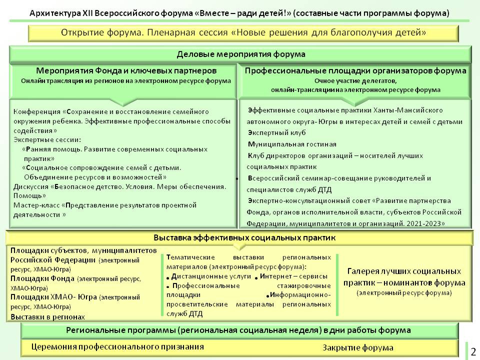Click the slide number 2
click(x=473, y=351)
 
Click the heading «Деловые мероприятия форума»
click(x=240, y=54)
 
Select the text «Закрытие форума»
click(x=357, y=347)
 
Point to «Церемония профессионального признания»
click(x=117, y=346)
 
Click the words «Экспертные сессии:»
click(x=47, y=139)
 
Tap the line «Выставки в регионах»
click(x=47, y=316)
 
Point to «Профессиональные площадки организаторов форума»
click(x=355, y=70)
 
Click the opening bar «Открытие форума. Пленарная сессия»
click(x=243, y=33)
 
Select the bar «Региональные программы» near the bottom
click(x=238, y=330)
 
